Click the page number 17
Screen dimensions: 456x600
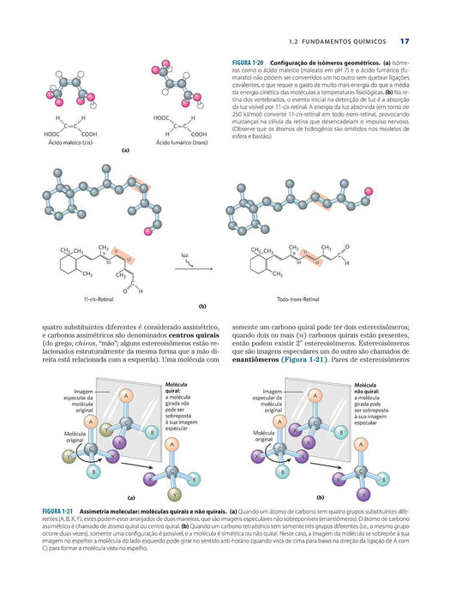coord(405,40)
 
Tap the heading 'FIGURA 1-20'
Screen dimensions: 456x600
coord(249,65)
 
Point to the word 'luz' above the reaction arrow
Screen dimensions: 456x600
coord(184,255)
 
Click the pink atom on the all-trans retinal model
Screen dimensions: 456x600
coord(369,189)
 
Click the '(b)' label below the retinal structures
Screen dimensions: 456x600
coord(203,305)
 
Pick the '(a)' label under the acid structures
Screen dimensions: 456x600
coord(125,151)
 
